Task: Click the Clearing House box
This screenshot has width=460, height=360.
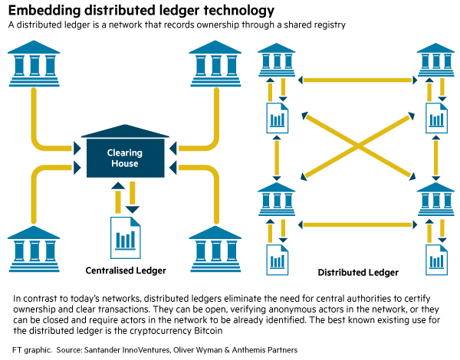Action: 123,157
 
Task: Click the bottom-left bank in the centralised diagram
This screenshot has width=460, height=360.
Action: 34,245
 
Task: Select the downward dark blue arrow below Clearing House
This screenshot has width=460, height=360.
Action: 133,198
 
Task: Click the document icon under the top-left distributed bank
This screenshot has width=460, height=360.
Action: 277,116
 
